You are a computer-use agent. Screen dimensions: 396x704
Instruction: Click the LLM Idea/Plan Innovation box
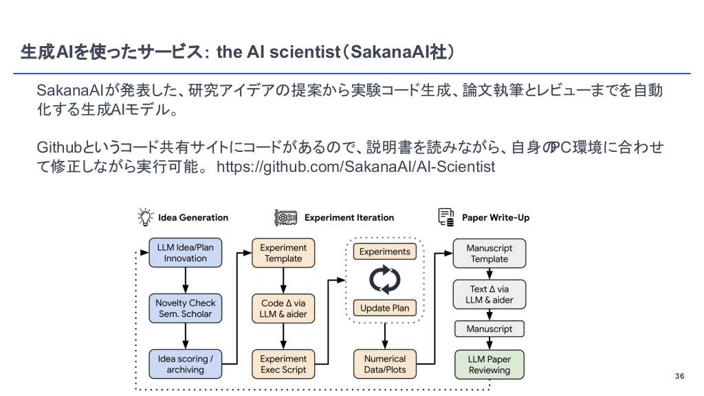[186, 253]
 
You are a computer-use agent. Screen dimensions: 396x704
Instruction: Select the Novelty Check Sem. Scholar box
[186, 309]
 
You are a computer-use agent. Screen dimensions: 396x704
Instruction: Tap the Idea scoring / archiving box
[186, 364]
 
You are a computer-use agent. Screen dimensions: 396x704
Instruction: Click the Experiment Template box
[283, 253]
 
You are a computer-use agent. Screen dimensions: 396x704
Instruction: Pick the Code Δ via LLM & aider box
[283, 309]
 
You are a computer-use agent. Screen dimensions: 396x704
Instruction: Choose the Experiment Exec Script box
[283, 364]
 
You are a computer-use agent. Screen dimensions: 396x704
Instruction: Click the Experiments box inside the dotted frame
[385, 252]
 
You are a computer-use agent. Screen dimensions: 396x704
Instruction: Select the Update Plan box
[385, 308]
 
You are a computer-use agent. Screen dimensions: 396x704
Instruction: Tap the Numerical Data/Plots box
[385, 364]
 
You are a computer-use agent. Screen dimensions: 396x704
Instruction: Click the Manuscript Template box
[489, 253]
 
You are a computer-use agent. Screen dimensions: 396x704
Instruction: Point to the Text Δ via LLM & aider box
[489, 294]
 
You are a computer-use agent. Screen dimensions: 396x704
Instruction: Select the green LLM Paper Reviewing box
[489, 364]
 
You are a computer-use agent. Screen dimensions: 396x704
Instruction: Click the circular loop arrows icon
[385, 280]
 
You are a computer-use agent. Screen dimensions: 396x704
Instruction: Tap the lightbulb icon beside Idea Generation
[146, 217]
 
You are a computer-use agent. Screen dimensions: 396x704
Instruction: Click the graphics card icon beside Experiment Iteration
[285, 217]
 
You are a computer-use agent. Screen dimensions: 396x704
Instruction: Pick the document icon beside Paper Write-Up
[446, 217]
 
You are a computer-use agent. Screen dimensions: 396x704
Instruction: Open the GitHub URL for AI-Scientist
[355, 167]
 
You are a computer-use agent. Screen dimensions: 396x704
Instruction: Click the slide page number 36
[680, 376]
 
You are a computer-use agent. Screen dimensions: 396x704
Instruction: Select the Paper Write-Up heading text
[496, 217]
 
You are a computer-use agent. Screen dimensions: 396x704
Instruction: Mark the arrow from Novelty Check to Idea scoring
[186, 337]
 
